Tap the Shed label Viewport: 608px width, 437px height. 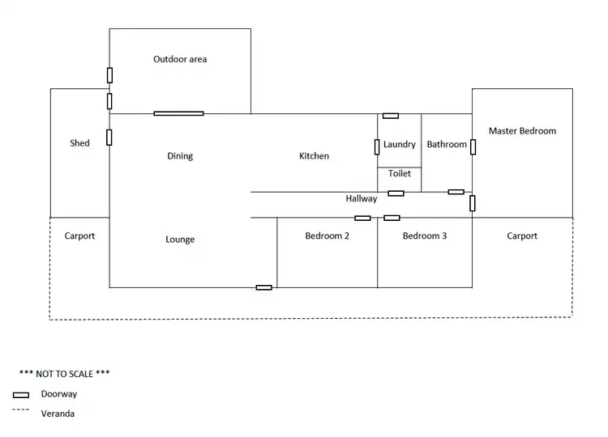coord(79,143)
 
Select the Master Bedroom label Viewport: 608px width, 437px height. coord(522,130)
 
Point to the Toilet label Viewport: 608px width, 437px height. coord(399,173)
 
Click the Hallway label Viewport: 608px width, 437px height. coord(361,198)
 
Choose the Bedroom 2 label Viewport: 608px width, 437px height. coord(327,236)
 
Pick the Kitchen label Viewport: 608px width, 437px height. coord(314,155)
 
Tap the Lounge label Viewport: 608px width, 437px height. coord(180,240)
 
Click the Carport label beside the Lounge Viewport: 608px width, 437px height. coord(79,236)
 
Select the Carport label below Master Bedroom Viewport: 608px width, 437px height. coord(522,236)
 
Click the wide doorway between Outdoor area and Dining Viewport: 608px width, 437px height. coord(178,113)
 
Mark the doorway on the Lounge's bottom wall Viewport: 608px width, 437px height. coord(263,287)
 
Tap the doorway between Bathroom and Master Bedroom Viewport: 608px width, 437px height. coord(473,146)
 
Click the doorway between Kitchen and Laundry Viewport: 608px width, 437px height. coord(377,146)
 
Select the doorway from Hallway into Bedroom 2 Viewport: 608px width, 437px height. coord(362,218)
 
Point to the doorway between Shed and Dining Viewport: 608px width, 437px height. coord(109,137)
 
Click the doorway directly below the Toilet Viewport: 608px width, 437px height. coord(396,193)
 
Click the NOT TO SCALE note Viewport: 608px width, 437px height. coord(64,374)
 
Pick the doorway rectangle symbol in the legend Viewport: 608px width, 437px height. coord(21,395)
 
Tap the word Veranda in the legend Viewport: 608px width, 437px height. coord(58,414)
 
